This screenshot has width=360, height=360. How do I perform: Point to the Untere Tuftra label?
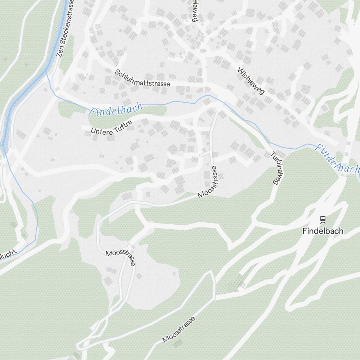click(x=112, y=128)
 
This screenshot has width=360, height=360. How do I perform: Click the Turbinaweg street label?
click(x=275, y=168)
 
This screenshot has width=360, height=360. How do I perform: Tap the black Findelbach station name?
click(x=323, y=231)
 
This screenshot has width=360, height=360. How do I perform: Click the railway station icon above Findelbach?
click(x=323, y=219)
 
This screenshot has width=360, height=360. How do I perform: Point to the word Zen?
click(x=60, y=53)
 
